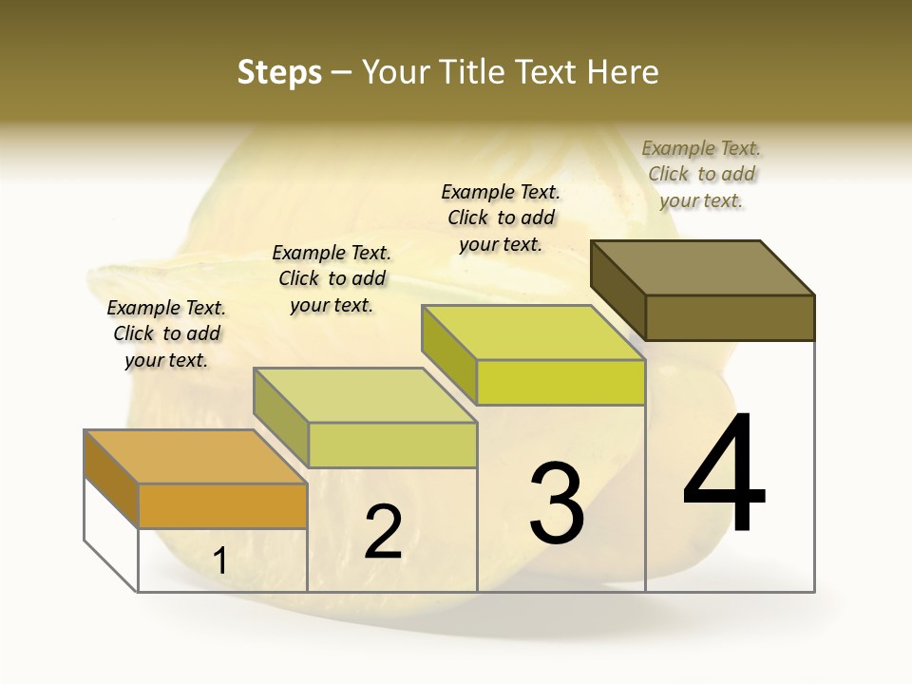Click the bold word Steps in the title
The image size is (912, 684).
click(279, 72)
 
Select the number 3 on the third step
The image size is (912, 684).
click(557, 503)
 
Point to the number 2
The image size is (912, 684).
click(383, 533)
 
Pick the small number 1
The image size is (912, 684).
click(219, 561)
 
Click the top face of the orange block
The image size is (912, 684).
click(195, 457)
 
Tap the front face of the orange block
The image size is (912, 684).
click(222, 506)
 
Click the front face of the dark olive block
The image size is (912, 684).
click(730, 317)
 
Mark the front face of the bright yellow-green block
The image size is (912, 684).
click(560, 383)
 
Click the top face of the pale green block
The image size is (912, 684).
click(365, 395)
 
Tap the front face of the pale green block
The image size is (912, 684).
click(391, 445)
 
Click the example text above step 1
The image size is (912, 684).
click(166, 333)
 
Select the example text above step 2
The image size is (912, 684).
click(332, 278)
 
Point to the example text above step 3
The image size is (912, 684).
click(501, 218)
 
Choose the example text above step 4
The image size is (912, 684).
click(701, 174)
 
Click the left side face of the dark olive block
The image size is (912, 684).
click(617, 289)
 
